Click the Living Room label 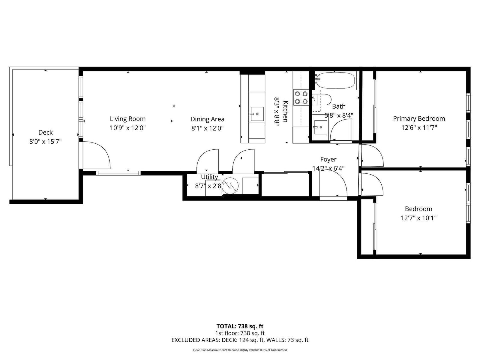[127, 119]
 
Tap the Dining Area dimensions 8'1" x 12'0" [207, 128]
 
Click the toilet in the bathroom [322, 100]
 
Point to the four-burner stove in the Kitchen [301, 98]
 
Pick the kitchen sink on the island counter [257, 114]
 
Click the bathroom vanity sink [321, 127]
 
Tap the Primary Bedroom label [419, 119]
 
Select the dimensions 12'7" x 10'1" [418, 218]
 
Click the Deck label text [46, 132]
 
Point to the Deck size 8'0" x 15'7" [46, 142]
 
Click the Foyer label [328, 159]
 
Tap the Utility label [209, 177]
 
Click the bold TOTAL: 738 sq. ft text [240, 326]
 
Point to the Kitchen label [286, 111]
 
